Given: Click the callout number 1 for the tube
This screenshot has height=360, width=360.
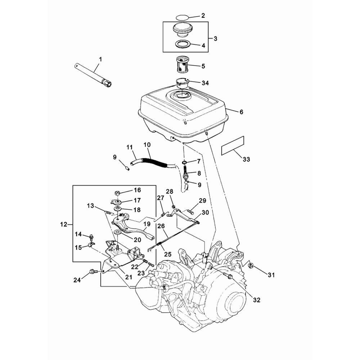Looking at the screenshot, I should coord(100,59).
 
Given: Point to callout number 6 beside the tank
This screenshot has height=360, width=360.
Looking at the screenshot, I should coord(241,112).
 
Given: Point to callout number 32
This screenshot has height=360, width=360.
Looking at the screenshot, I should coord(256,299).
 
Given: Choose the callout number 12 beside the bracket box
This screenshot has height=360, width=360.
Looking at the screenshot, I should coord(64,225).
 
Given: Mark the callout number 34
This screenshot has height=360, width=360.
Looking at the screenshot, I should coord(205,83).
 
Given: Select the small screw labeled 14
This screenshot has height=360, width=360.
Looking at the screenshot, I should coord(91,237).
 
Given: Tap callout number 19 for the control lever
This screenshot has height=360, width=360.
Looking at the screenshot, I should coord(147,224).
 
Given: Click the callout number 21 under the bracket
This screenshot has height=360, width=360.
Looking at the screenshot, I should coord(129,277).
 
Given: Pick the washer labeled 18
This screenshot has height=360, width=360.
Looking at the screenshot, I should coord(117,209).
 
